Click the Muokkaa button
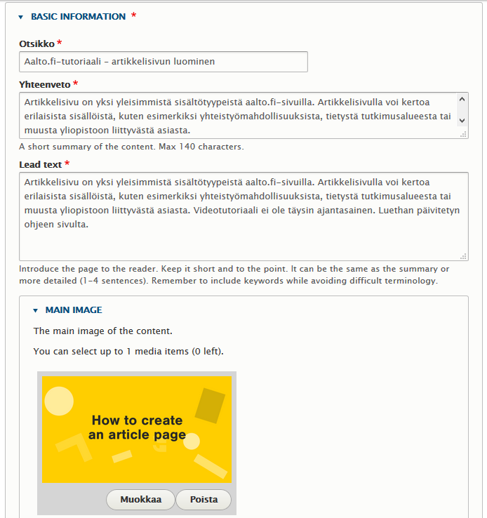141,500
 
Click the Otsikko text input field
163,62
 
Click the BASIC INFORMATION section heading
79,16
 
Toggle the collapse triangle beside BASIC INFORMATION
21,17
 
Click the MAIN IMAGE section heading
74,310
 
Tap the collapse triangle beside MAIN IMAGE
35,310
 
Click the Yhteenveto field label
44,84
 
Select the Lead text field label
41,164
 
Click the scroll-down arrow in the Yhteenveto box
462,121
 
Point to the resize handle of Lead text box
463,256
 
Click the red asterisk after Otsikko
60,44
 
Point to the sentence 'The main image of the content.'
102,331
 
